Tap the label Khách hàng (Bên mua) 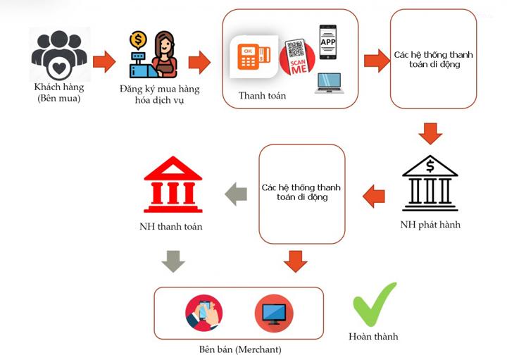pyautogui.click(x=59, y=92)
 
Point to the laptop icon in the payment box pyautogui.click(x=328, y=82)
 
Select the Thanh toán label pyautogui.click(x=262, y=96)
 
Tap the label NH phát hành pyautogui.click(x=430, y=225)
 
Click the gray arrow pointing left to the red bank pyautogui.click(x=237, y=193)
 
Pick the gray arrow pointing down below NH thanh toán pyautogui.click(x=173, y=261)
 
